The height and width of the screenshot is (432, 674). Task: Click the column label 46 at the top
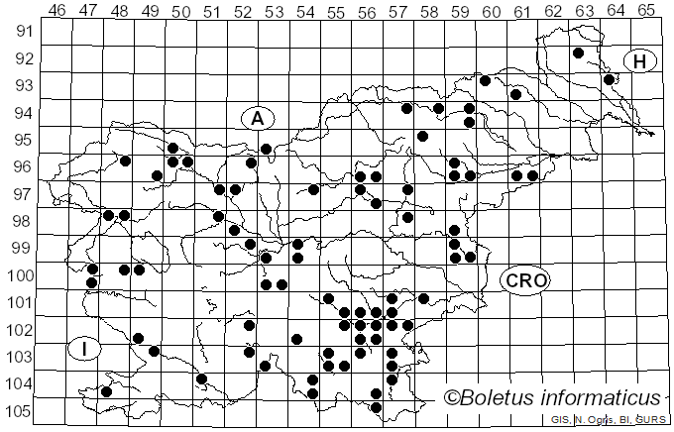pos(57,11)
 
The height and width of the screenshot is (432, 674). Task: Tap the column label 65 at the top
pos(646,11)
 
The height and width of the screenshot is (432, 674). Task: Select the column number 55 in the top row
pos(336,11)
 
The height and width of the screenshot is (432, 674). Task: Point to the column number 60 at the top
pos(492,11)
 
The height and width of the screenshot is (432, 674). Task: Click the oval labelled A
pos(257,119)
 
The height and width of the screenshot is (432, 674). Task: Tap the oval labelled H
pos(640,62)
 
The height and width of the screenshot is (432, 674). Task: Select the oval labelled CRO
pos(523,280)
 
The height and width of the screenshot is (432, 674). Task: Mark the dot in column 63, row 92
pos(578,54)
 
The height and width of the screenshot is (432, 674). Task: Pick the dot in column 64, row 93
pos(609,79)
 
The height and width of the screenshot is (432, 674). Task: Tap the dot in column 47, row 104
pos(106,391)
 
